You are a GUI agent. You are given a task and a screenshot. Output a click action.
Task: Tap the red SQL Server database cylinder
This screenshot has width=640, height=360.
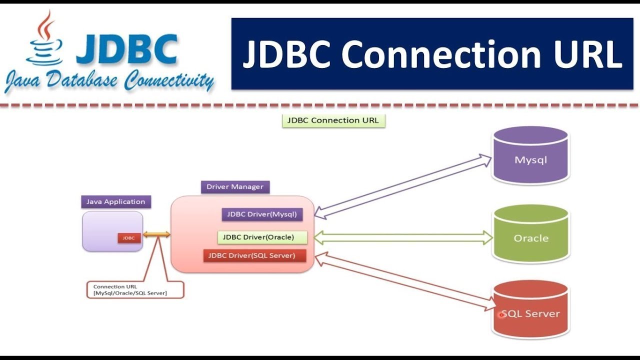tap(530, 310)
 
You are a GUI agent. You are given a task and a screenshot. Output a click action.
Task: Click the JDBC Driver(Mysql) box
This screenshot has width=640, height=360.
tap(262, 214)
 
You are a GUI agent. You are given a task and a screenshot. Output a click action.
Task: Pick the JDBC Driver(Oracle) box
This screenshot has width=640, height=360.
tap(262, 237)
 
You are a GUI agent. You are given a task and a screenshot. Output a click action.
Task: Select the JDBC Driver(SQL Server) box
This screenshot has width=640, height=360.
tap(254, 255)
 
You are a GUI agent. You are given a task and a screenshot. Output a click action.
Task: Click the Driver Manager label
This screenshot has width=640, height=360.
tap(235, 187)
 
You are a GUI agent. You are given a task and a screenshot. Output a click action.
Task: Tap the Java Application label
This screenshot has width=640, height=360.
tap(115, 202)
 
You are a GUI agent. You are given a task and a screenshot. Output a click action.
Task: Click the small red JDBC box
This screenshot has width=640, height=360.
tap(129, 238)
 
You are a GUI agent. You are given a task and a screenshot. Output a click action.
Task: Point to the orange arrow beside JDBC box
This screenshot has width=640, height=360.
tap(156, 234)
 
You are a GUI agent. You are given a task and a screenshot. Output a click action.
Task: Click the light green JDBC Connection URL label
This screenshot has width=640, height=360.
tap(333, 120)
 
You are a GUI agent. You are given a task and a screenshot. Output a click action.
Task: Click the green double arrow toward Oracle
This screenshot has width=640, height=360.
tap(403, 238)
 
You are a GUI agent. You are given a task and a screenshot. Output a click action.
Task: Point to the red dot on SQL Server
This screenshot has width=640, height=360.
tap(501, 315)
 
